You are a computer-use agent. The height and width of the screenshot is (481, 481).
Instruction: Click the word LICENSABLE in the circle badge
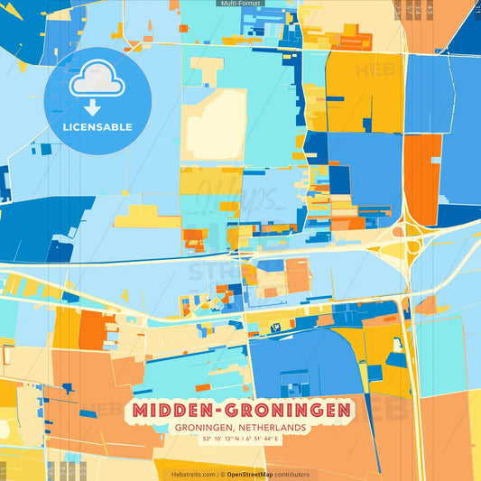97,127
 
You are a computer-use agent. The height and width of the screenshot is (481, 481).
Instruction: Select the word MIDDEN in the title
175,411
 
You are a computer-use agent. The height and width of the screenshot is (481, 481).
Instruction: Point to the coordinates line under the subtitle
240,439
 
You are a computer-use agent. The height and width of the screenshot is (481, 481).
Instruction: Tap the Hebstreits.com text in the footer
193,474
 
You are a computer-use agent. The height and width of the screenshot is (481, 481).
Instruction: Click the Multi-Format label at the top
240,4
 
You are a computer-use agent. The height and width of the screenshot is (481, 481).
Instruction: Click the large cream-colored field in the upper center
215,125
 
